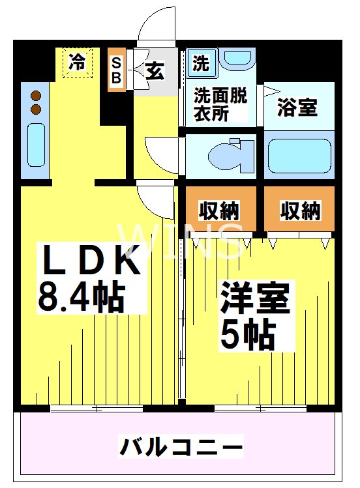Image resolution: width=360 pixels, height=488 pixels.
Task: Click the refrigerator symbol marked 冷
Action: coord(78,63)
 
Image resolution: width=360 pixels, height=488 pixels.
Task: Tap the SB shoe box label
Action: coord(116,70)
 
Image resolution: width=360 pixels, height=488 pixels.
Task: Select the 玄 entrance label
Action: coord(155,70)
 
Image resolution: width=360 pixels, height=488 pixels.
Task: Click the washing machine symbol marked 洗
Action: coord(202,64)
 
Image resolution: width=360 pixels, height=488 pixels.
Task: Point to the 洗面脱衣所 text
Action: coord(220,104)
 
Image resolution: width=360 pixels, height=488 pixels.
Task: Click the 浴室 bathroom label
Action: coord(297,108)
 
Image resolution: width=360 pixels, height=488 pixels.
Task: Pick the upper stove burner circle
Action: coord(36,96)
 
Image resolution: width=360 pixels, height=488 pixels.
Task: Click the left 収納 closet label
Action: coord(219,210)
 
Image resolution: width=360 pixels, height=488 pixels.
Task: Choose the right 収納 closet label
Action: coord(301,210)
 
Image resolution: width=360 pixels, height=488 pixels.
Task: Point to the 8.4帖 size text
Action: coord(82,296)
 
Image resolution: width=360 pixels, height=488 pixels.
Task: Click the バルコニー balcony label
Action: coord(181,448)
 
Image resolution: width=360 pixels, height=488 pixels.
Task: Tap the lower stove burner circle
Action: coord(36,109)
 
